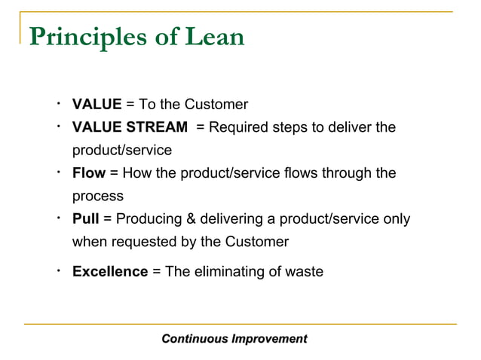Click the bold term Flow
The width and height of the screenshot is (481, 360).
click(88, 173)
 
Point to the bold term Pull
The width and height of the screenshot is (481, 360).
click(85, 219)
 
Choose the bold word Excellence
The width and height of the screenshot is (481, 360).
click(110, 271)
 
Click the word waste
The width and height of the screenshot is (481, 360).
click(304, 271)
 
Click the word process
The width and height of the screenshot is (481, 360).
click(97, 197)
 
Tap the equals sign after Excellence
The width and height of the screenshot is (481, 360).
click(156, 272)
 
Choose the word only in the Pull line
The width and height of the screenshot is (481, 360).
click(397, 219)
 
